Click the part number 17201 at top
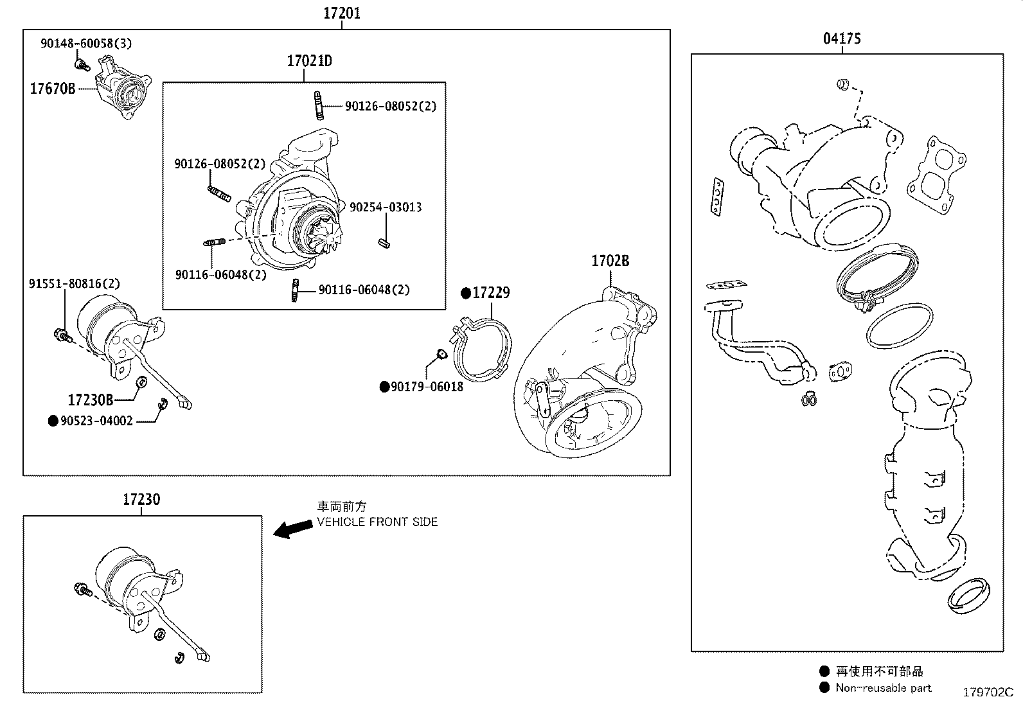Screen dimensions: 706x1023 [x=341, y=13]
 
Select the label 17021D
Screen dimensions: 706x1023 [x=309, y=62]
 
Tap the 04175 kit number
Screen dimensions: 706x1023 [x=842, y=39]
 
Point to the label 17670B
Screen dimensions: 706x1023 [x=53, y=89]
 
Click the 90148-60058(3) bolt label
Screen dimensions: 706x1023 [x=86, y=44]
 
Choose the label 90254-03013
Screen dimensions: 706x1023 [x=386, y=207]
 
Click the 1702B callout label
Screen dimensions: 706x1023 [x=610, y=261]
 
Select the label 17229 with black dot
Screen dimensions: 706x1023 [x=486, y=293]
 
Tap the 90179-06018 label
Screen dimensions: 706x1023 [x=422, y=387]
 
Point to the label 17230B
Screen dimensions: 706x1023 [x=91, y=400]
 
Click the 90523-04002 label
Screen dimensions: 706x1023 [x=91, y=421]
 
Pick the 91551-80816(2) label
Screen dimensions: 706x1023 [x=74, y=283]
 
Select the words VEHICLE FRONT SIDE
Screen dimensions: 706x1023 [x=377, y=522]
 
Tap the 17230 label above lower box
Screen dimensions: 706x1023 [x=141, y=499]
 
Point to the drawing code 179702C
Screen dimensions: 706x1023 [x=987, y=693]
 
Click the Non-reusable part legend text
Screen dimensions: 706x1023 [x=883, y=688]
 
